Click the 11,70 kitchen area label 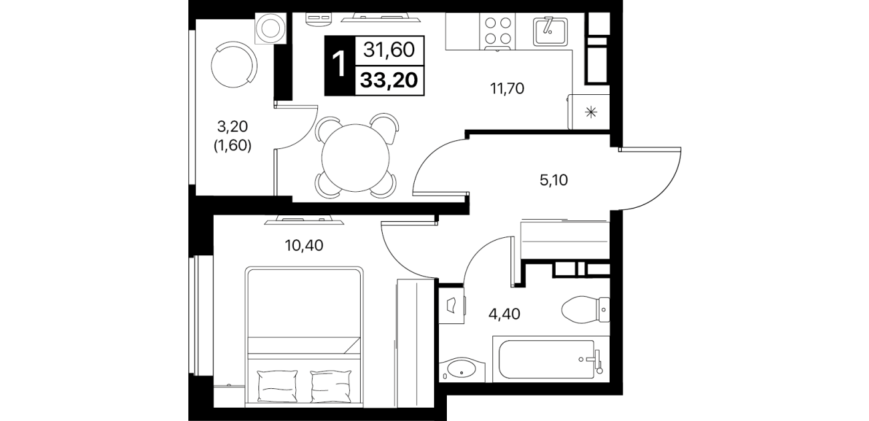[507, 89]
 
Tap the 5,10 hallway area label [554, 180]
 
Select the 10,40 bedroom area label [304, 245]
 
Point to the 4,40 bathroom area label [504, 314]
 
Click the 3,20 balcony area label [232, 126]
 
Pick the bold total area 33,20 [389, 80]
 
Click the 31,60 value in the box [389, 49]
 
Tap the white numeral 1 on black [339, 65]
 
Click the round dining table [355, 158]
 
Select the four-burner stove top [498, 32]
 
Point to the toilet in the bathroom [585, 309]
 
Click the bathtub [551, 359]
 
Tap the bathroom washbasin [462, 370]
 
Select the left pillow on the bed [277, 386]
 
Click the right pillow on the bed [331, 386]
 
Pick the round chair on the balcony [234, 65]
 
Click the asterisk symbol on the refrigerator [591, 112]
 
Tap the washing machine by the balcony [271, 28]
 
